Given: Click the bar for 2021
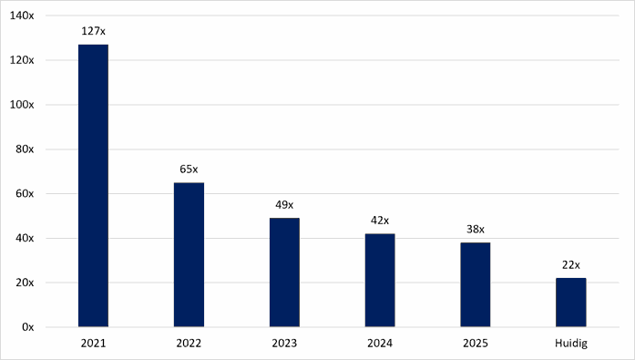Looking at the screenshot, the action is [x=93, y=185].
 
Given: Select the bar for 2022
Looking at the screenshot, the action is [x=189, y=254].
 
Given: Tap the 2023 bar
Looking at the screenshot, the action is [x=284, y=273].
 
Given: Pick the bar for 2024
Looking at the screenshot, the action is [x=380, y=280].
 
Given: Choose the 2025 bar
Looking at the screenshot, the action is [x=475, y=284].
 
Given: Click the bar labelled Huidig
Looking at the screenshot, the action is [x=570, y=303].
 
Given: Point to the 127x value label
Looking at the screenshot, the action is [x=93, y=31].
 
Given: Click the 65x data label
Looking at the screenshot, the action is [x=189, y=170].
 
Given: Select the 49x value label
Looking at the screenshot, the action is [x=284, y=205].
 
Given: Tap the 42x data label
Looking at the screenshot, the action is [x=380, y=221].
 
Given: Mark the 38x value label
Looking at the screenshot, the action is [x=475, y=230].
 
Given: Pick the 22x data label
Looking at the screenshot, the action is [x=570, y=265].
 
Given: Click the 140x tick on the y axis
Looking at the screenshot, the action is [x=22, y=15].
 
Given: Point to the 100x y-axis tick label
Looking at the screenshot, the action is [x=22, y=105].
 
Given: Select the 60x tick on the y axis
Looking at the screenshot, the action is [x=25, y=193].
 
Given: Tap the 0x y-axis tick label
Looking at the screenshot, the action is [x=28, y=327].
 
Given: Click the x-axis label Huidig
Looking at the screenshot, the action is [x=570, y=344].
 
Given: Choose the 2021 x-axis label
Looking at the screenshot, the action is [x=93, y=344].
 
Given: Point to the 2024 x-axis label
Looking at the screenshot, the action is [x=380, y=344].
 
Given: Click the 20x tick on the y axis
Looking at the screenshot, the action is [x=25, y=283].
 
